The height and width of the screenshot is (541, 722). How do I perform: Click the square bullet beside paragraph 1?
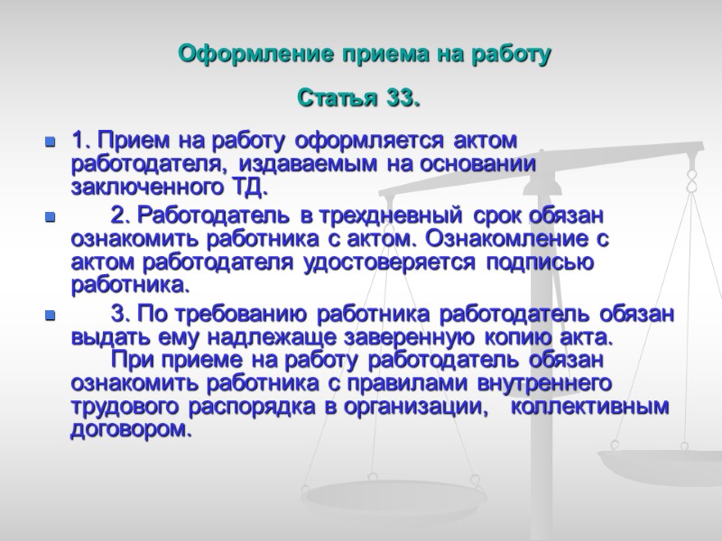pos(50,142)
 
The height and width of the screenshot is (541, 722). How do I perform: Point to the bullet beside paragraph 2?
pos(50,218)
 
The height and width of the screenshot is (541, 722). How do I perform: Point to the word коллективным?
pos(597,406)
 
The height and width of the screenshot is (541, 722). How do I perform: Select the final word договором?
pos(131,429)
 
